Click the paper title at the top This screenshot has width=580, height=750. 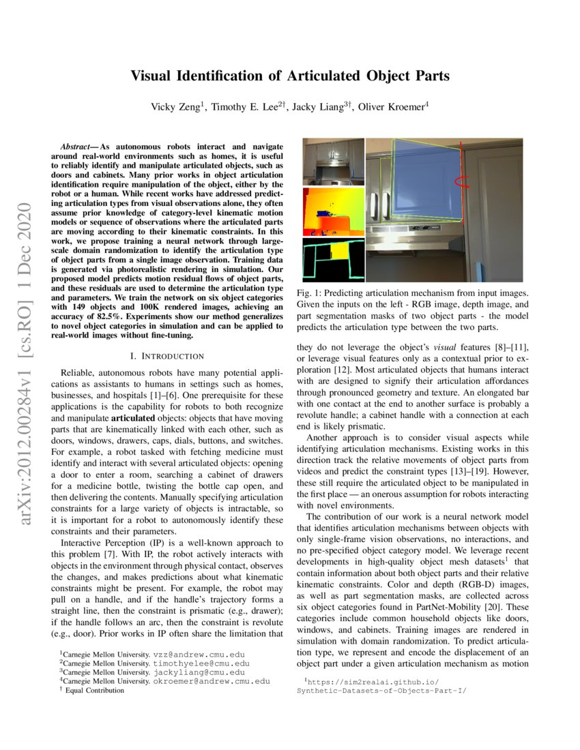coord(290,76)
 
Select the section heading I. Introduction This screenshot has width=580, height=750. coord(166,356)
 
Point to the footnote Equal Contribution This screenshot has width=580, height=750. coord(96,690)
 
